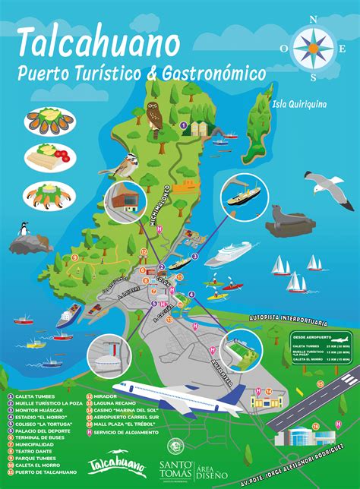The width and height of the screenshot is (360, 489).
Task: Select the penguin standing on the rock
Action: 25,229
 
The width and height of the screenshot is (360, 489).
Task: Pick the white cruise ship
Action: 229,253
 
